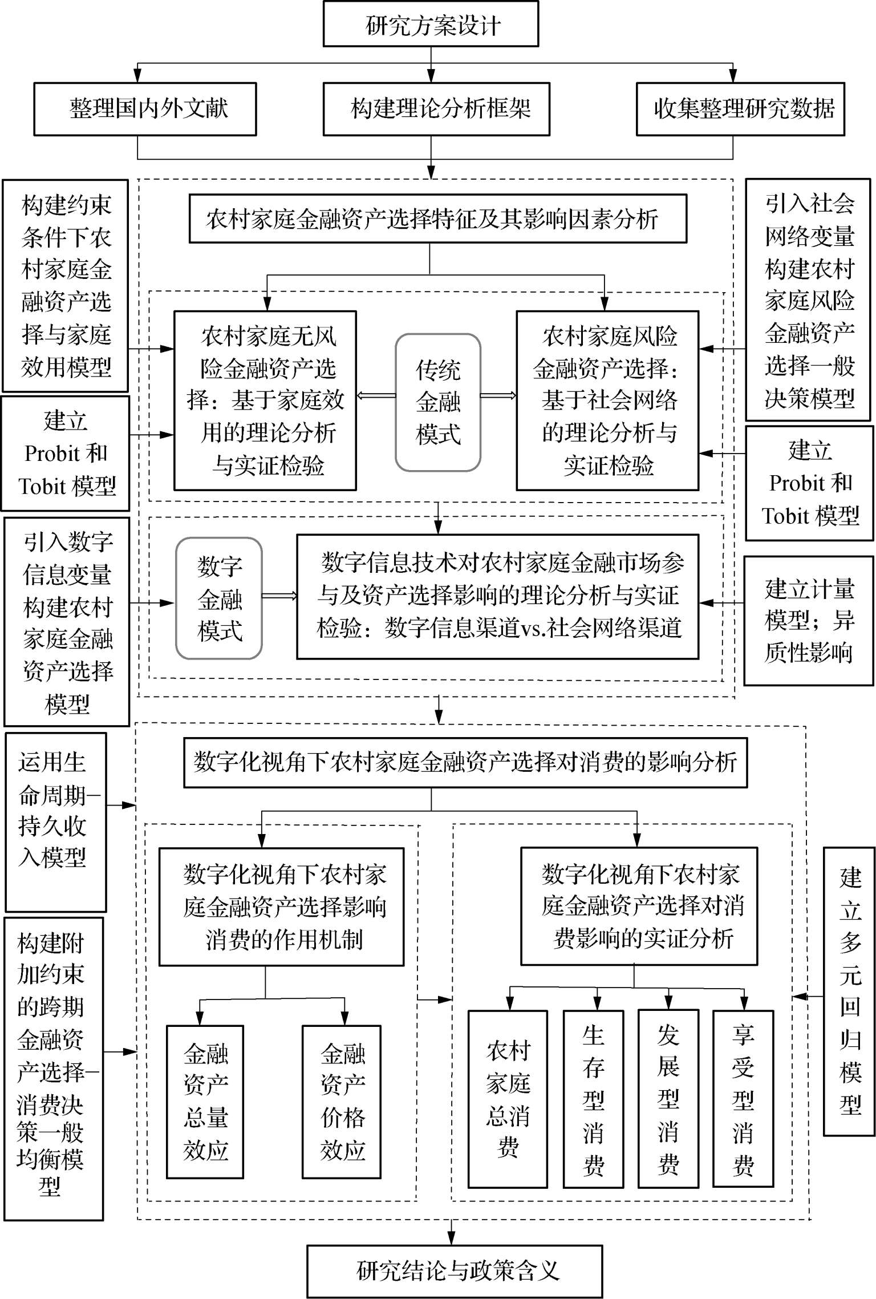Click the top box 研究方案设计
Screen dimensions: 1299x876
431,25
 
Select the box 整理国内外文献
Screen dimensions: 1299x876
145,109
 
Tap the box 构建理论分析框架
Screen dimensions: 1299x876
436,109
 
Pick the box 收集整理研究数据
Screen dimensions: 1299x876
740,109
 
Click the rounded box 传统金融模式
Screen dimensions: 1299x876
438,402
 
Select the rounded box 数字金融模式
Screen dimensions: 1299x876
219,598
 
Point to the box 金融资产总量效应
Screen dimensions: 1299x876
205,1102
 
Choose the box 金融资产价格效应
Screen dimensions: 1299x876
342,1102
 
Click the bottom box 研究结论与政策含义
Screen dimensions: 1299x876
455,1271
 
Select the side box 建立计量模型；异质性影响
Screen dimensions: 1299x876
809,621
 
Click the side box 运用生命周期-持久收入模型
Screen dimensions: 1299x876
55,822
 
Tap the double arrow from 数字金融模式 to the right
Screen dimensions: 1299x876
279,596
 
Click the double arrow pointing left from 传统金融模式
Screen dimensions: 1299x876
376,395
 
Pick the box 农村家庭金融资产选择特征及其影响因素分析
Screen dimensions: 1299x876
437,219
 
